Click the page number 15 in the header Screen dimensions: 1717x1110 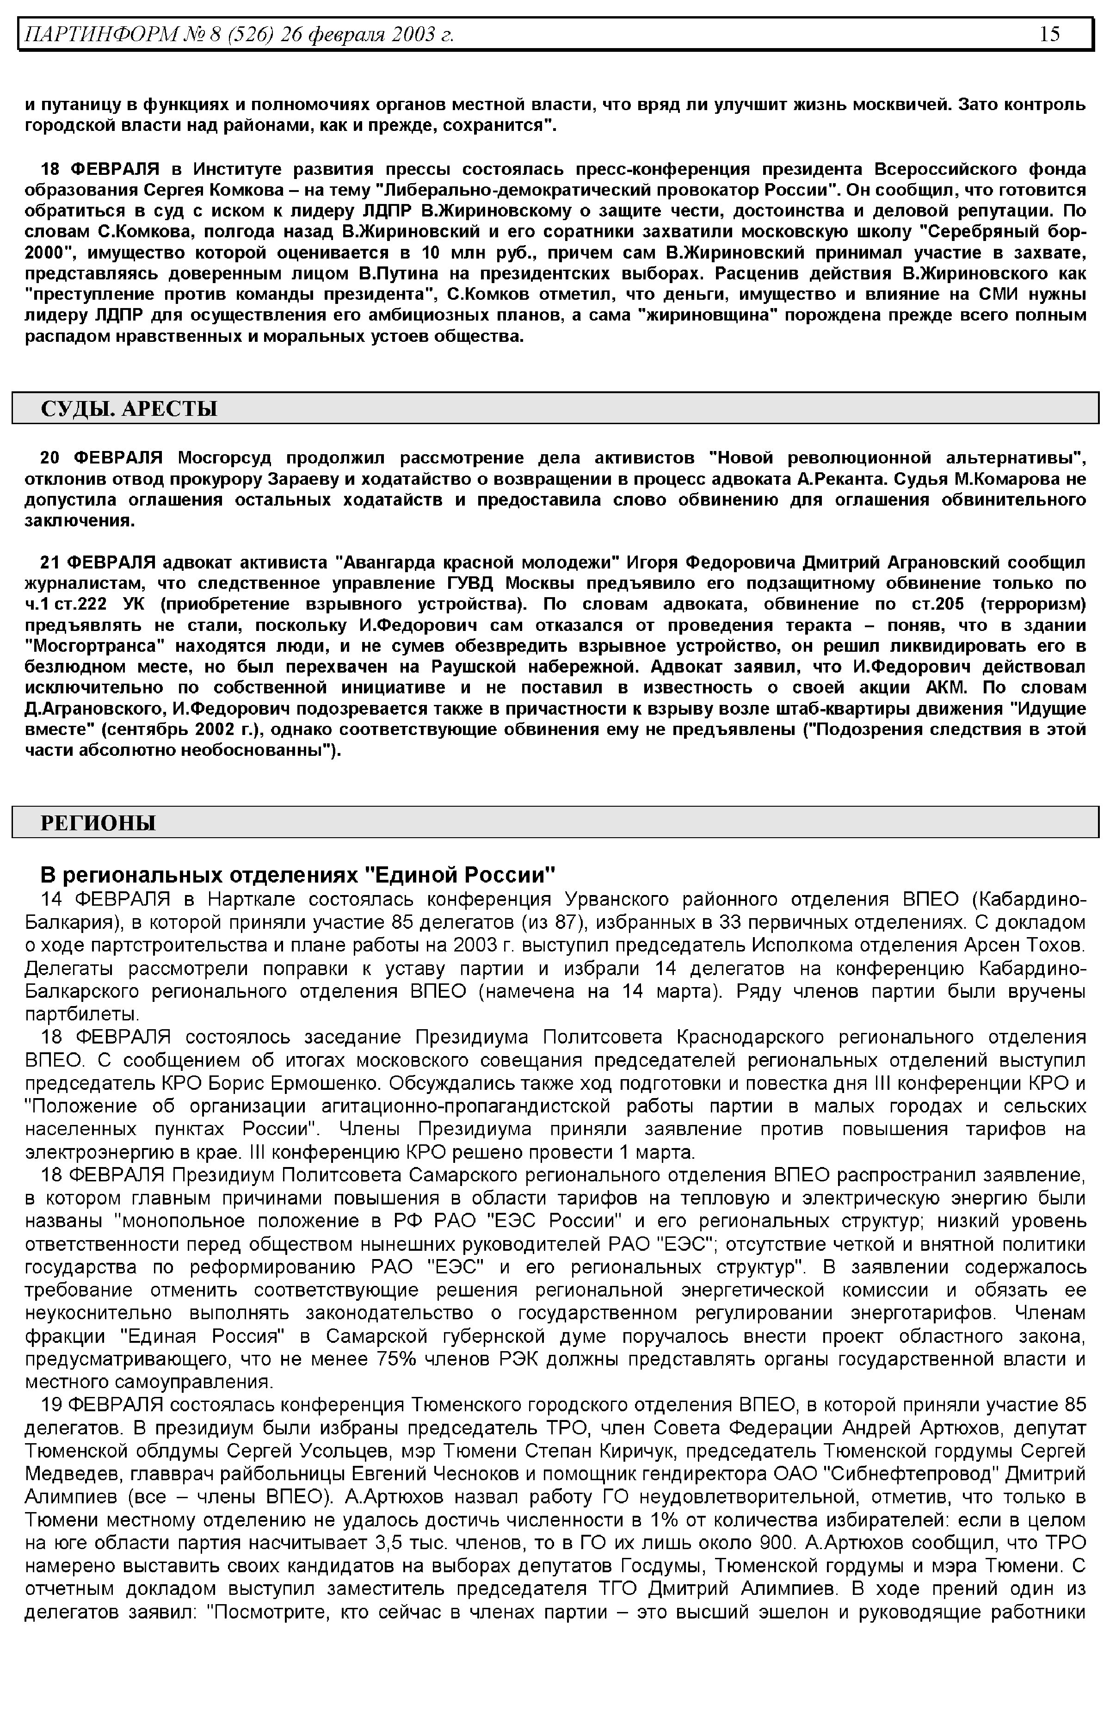1049,34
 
